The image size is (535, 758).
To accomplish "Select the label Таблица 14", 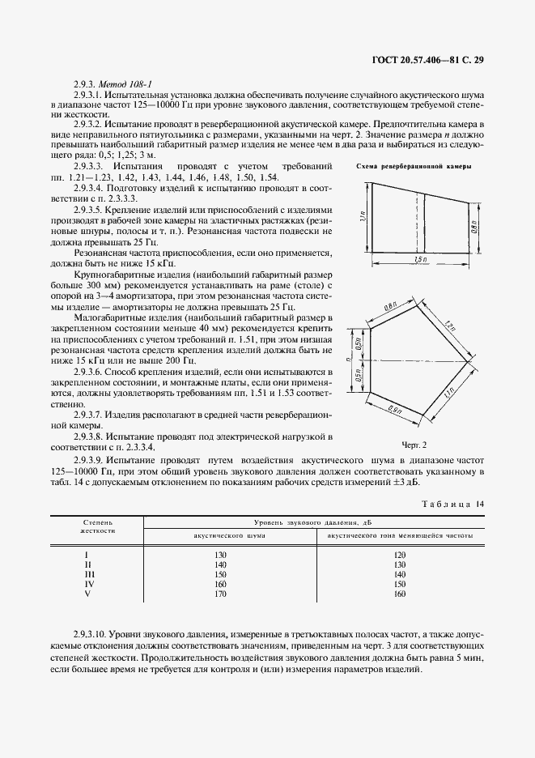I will (452, 505).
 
